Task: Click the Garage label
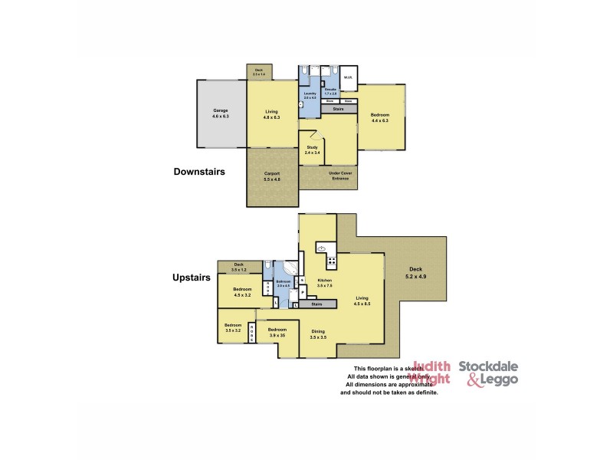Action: [220, 113]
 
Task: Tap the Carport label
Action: [272, 176]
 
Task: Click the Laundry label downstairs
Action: [310, 95]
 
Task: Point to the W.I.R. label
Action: [347, 77]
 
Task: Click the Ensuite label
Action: [330, 91]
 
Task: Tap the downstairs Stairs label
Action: [339, 110]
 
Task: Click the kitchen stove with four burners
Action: [331, 262]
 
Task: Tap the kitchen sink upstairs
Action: [323, 248]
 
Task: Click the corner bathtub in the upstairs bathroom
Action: [290, 271]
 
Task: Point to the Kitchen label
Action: [326, 283]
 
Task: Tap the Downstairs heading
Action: [199, 172]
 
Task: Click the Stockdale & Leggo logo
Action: [488, 373]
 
